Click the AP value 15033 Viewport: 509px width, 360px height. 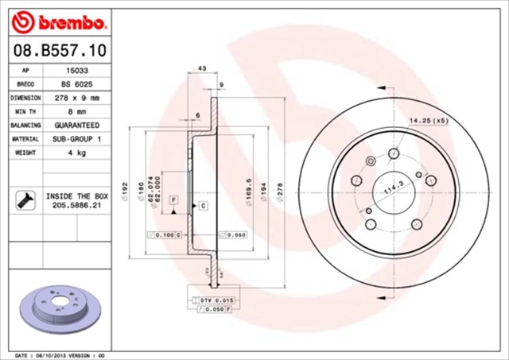[76, 70]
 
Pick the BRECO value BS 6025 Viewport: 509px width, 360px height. [76, 83]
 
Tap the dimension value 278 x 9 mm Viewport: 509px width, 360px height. [76, 98]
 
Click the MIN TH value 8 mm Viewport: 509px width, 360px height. [76, 111]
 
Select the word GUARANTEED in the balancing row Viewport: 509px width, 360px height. [76, 126]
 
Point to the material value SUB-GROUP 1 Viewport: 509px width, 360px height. [76, 139]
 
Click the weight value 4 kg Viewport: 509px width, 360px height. [76, 153]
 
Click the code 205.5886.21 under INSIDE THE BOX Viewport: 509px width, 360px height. [76, 204]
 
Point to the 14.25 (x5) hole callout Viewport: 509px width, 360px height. [429, 120]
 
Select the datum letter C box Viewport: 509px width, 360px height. [203, 206]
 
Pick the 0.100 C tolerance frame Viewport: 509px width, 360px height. [165, 235]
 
